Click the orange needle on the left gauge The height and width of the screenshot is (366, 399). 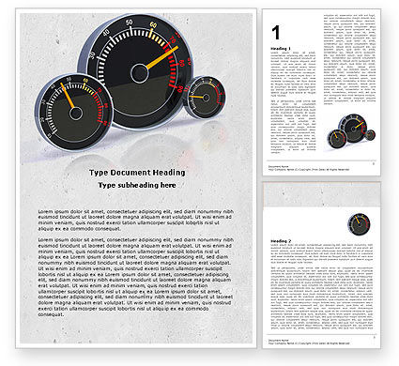point(67,97)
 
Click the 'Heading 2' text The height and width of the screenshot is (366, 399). point(279,241)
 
